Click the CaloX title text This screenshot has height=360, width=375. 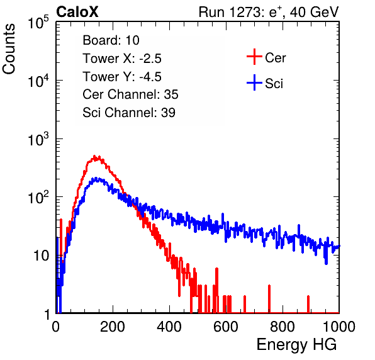[77, 12]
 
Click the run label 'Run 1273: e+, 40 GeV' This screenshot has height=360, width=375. [269, 12]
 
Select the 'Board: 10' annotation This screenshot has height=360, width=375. [111, 40]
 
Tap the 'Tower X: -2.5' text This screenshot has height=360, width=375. [122, 59]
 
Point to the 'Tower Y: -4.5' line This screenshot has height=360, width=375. [122, 77]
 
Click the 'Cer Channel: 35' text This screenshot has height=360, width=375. [130, 94]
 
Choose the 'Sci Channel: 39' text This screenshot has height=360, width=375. [129, 113]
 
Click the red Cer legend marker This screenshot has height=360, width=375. [254, 57]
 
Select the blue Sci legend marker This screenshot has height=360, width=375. [254, 83]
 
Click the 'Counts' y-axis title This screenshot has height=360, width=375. [9, 49]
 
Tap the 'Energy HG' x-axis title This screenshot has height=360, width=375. [296, 344]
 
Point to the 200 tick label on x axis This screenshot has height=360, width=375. [113, 327]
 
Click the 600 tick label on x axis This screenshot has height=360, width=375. [226, 327]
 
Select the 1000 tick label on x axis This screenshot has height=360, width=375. [339, 327]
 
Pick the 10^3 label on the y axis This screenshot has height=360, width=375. [38, 139]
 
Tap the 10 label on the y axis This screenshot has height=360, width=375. [42, 256]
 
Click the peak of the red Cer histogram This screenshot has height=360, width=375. [94, 156]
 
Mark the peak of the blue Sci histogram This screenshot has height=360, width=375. [96, 178]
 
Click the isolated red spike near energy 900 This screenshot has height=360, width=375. [308, 304]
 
